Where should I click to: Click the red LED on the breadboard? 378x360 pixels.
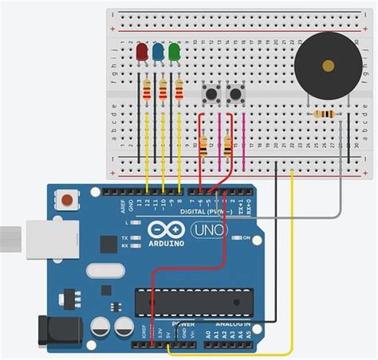tap(143, 53)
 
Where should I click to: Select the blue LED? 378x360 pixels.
tap(159, 53)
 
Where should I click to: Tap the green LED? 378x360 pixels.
tap(175, 53)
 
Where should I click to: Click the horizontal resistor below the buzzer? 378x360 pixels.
tap(325, 115)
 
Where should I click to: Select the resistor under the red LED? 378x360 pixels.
tap(147, 89)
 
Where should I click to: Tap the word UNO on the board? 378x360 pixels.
tap(213, 230)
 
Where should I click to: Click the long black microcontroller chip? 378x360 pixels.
tap(190, 303)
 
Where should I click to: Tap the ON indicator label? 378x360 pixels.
tap(246, 238)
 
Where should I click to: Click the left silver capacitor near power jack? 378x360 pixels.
tap(100, 327)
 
